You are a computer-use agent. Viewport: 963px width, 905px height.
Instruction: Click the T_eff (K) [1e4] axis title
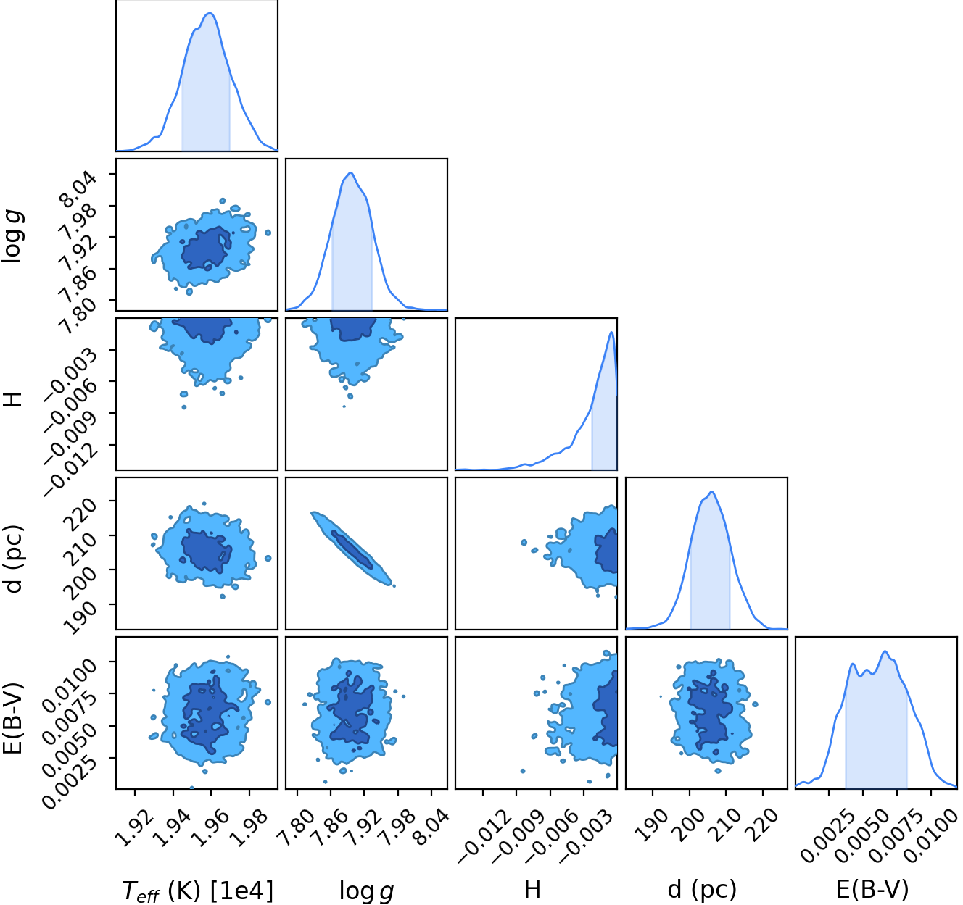click(x=198, y=890)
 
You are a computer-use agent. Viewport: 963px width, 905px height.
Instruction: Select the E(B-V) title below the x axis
click(x=872, y=889)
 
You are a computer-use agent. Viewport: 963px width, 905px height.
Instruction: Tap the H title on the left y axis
click(x=13, y=400)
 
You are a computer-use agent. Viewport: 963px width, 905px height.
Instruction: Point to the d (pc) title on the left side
click(x=14, y=559)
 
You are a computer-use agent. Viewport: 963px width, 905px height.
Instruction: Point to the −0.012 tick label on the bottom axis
click(x=484, y=837)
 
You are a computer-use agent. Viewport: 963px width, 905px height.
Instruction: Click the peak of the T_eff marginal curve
click(x=210, y=13)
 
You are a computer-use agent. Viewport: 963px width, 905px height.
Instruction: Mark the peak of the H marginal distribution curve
click(x=611, y=332)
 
